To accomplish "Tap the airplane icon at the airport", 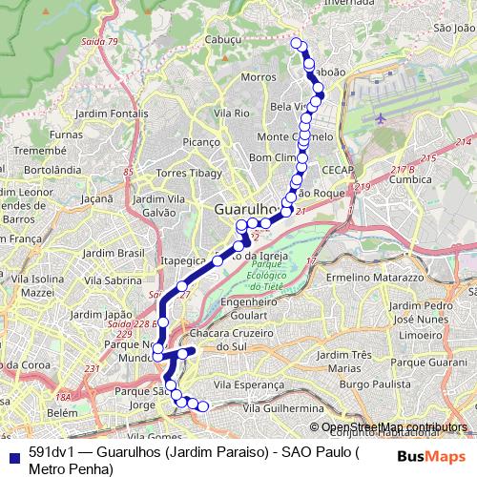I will pos(383,118).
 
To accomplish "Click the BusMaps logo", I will pos(440,456).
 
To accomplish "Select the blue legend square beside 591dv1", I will pos(11,453).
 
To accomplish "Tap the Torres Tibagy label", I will pos(191,173).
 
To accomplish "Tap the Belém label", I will pos(61,412).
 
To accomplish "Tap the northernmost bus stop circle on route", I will pos(297,43).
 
